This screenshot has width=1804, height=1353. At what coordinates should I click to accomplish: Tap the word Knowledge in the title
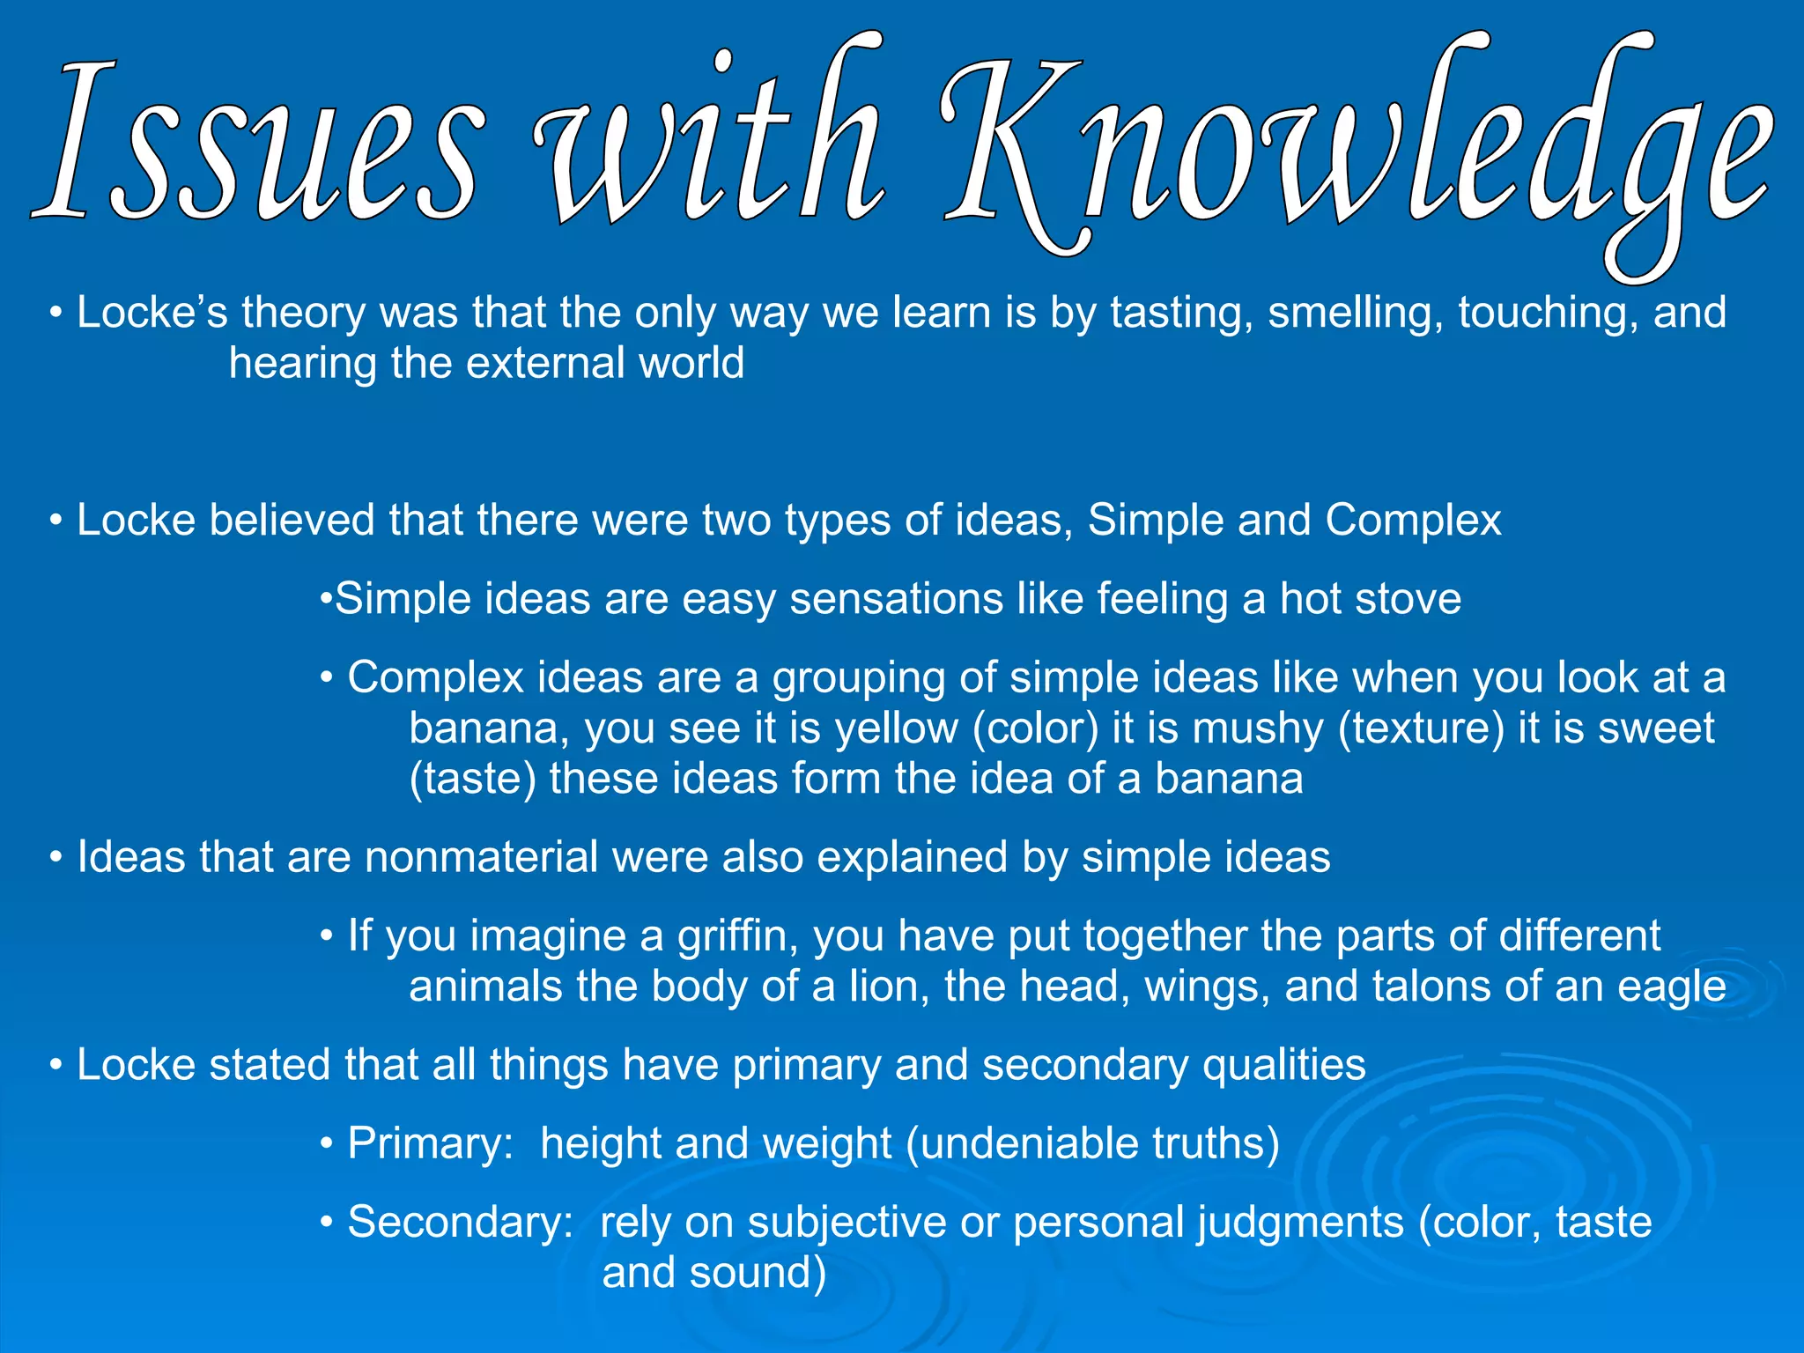tap(1357, 145)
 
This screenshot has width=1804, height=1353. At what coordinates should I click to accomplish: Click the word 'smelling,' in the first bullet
tap(1356, 314)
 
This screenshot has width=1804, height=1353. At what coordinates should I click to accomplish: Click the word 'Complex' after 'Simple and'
tap(1413, 520)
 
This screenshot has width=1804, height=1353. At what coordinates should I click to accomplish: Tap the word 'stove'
tap(1408, 599)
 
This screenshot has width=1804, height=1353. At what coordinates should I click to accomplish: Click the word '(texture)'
tap(1421, 728)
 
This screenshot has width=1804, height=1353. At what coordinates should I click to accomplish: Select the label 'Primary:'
tap(431, 1144)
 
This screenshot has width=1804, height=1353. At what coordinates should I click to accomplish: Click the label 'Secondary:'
tap(461, 1223)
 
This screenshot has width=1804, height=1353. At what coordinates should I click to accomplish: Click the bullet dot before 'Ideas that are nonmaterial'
tap(56, 857)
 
